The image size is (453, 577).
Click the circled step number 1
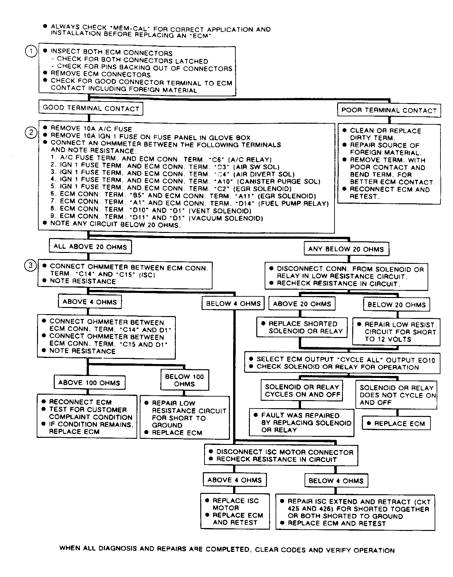tap(31, 52)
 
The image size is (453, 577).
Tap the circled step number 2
tap(31, 132)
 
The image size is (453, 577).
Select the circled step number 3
tap(31, 266)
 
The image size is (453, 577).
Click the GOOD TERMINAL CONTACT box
tap(91, 108)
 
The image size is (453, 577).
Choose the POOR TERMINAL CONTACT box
tap(389, 110)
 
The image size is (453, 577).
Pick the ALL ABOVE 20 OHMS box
tap(90, 247)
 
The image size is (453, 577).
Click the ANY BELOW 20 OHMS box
tap(346, 249)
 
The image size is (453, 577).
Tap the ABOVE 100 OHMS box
tap(89, 383)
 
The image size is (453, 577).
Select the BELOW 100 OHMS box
tap(184, 380)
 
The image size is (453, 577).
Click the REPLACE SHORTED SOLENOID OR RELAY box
tap(302, 327)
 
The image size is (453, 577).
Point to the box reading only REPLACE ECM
tap(396, 423)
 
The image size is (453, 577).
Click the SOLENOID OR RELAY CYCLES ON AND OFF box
tap(302, 390)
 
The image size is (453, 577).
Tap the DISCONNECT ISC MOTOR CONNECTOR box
tap(281, 456)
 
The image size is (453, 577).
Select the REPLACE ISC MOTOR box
tap(235, 511)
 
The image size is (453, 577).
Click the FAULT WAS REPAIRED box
tap(301, 422)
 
